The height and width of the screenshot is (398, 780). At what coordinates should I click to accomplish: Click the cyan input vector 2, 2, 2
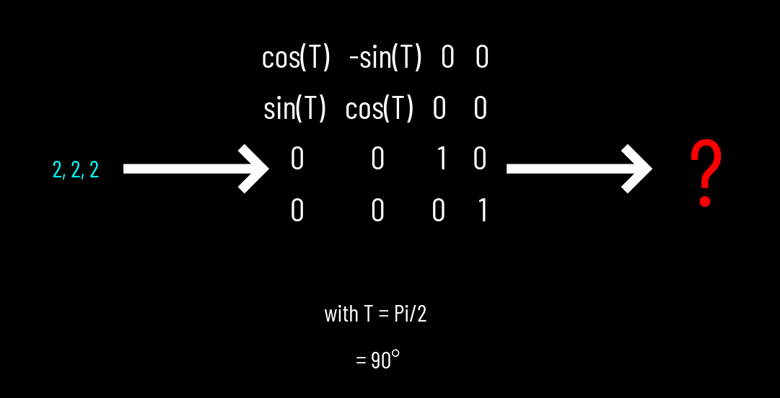coord(76,170)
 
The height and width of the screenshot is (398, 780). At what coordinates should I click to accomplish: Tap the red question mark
coord(705,174)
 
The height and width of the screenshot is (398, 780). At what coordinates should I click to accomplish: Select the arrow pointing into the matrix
coord(196,169)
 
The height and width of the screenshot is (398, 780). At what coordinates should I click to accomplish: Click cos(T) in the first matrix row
coord(296,58)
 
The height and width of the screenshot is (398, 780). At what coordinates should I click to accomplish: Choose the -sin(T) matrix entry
coord(385,58)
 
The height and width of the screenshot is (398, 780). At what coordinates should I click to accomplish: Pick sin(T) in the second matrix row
coord(295,110)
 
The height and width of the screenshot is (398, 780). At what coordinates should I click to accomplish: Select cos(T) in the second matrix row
coord(380,110)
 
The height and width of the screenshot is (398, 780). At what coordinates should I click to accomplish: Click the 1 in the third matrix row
coord(442,159)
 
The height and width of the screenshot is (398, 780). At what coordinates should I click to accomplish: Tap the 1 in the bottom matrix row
coord(482,211)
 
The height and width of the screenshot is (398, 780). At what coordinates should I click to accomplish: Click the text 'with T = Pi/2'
coord(375,314)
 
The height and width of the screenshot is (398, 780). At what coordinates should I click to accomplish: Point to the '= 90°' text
coord(377,361)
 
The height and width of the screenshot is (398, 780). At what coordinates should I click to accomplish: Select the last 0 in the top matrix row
coord(482,58)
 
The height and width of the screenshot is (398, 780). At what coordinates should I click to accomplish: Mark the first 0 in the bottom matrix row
coord(297,211)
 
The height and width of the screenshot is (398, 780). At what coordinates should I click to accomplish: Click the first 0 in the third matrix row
coord(297,159)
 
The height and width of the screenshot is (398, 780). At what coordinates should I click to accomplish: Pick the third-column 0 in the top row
coord(447,58)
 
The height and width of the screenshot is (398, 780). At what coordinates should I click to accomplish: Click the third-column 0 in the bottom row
coord(438,211)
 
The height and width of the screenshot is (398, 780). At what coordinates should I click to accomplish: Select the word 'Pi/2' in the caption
coord(410,314)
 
